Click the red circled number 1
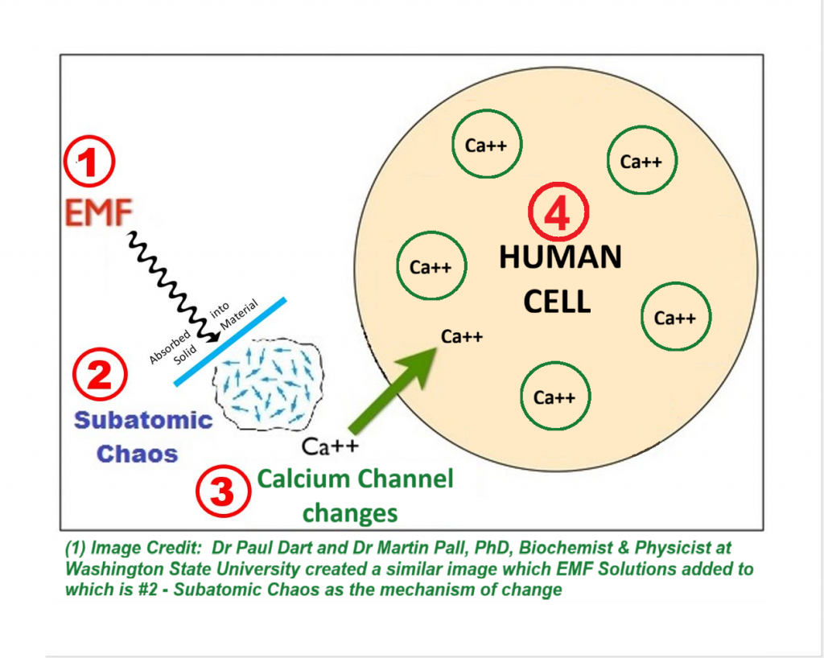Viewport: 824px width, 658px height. tap(89, 164)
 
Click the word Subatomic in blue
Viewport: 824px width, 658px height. tap(142, 420)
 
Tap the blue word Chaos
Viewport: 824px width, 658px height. tap(137, 454)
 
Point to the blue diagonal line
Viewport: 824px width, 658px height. tap(230, 342)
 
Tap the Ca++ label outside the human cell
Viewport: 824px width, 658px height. tap(329, 445)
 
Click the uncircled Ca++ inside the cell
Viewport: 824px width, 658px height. tap(462, 336)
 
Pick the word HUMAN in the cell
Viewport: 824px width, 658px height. tap(560, 258)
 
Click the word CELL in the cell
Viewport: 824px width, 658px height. tap(557, 302)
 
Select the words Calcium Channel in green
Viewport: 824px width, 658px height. tap(355, 480)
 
